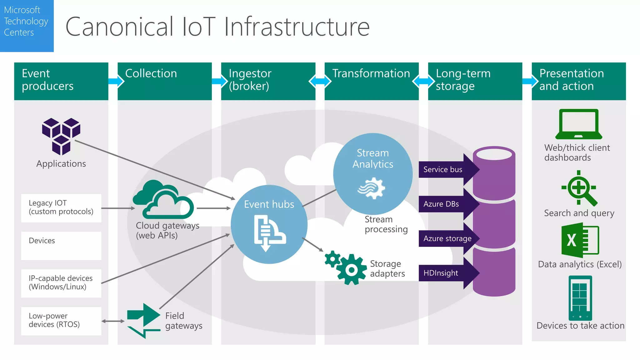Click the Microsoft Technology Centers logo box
[x=27, y=26]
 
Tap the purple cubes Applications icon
[x=61, y=136]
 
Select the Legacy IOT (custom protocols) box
[x=61, y=208]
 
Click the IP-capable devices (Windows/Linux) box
[x=61, y=283]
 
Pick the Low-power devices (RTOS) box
[x=61, y=321]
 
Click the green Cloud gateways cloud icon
[x=163, y=200]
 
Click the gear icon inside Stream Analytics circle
[x=372, y=188]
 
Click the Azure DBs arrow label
[x=441, y=204]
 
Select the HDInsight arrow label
[x=441, y=273]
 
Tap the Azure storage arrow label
[x=447, y=239]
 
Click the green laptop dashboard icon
[x=578, y=124]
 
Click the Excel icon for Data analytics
[x=580, y=240]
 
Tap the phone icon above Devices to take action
[x=580, y=298]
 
